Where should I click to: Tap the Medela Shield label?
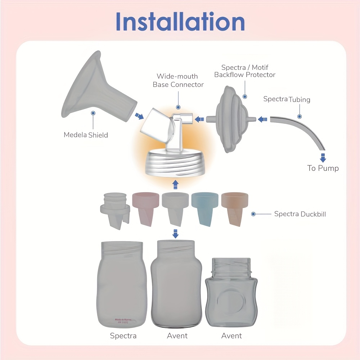86,135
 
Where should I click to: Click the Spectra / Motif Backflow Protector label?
245,71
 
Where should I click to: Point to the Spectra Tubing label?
287,99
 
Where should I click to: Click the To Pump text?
323,168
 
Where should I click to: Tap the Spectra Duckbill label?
300,214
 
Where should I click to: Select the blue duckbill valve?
205,208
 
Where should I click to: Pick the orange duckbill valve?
235,208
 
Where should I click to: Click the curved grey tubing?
302,128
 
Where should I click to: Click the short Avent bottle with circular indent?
231,292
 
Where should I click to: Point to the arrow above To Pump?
323,157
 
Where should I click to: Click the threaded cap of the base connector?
175,164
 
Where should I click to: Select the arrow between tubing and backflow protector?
263,118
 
